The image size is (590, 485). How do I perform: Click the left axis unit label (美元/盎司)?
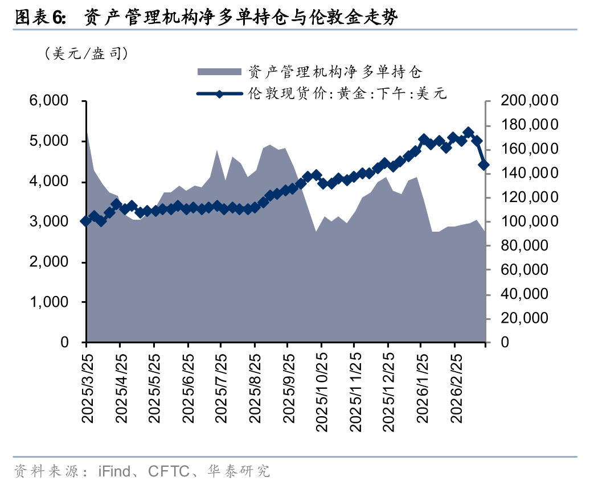85,54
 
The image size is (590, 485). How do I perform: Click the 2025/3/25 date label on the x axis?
87,387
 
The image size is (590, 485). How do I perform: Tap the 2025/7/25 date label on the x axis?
221,387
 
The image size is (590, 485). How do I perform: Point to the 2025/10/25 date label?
321,389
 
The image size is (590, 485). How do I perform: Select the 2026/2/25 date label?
455,387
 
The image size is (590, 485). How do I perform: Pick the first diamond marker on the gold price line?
86,221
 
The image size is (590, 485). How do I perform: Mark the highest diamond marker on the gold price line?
469,133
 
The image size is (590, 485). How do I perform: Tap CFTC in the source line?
169,471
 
